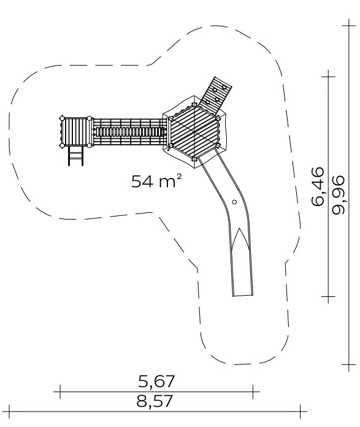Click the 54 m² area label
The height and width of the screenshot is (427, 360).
156,181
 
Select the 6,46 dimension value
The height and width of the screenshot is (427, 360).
318,187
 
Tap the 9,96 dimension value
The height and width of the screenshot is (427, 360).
338,194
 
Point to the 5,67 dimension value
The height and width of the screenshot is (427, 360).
156,381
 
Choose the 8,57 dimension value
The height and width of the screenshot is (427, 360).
155,401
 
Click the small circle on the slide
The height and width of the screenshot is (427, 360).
234,202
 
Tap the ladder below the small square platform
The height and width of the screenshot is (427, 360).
75,155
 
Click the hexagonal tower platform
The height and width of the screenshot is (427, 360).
194,132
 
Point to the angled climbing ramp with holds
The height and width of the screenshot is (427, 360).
215,96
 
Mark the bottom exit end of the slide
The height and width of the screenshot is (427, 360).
243,296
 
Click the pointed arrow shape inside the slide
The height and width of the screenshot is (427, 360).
240,240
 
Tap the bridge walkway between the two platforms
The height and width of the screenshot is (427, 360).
129,132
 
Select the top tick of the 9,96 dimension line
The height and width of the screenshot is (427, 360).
349,26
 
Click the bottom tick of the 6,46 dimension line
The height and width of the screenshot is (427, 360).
328,296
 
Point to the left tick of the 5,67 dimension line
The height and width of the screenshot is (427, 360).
60,392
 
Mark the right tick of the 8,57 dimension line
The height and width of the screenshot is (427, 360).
301,412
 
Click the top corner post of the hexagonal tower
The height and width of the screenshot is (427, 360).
194,104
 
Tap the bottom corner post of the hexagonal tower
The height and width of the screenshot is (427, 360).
194,159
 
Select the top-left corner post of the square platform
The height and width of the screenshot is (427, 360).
62,118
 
